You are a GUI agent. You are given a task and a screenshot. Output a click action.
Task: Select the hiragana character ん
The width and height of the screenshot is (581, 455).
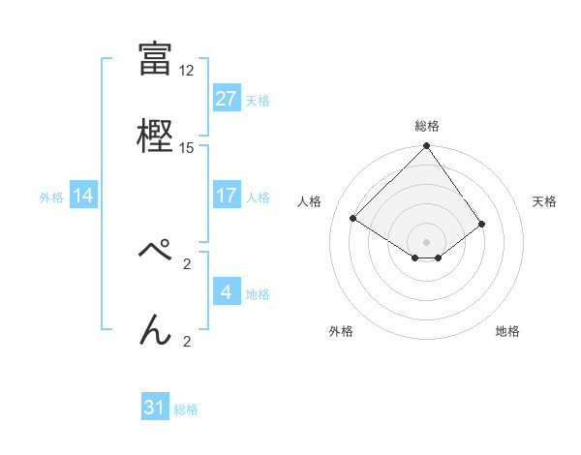[155, 329]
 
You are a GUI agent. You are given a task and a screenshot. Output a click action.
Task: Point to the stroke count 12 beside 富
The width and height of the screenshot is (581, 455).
[187, 71]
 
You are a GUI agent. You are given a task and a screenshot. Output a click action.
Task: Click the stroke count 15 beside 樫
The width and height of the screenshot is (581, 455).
[187, 148]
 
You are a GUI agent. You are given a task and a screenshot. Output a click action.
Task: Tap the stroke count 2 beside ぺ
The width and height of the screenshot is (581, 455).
[187, 262]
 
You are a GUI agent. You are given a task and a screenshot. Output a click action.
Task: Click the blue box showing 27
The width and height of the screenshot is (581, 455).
[226, 99]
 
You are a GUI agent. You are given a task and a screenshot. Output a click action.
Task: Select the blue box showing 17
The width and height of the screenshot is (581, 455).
[226, 196]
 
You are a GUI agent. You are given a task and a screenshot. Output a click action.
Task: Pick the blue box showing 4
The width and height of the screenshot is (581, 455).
[226, 292]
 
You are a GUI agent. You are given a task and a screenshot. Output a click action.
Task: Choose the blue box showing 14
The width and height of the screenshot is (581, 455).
[83, 196]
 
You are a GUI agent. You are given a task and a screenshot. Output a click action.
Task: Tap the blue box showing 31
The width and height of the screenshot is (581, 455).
[155, 408]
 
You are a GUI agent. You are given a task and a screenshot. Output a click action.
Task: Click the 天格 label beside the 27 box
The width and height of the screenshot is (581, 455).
[258, 100]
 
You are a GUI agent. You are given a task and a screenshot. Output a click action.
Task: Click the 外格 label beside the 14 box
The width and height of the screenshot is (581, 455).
[51, 197]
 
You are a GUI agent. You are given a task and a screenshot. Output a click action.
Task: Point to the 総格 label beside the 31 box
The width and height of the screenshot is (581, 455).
[187, 409]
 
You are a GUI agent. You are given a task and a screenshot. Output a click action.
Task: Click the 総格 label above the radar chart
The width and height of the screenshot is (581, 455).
[427, 126]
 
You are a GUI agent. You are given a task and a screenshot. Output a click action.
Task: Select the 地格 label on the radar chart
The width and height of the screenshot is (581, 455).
[507, 331]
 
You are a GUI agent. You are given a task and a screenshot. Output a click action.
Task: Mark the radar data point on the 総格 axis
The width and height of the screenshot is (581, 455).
[427, 147]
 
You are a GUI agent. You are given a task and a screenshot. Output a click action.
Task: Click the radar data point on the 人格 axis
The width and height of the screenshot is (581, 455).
[353, 218]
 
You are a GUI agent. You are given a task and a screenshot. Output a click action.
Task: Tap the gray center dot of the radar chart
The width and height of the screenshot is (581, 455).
[427, 241]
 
